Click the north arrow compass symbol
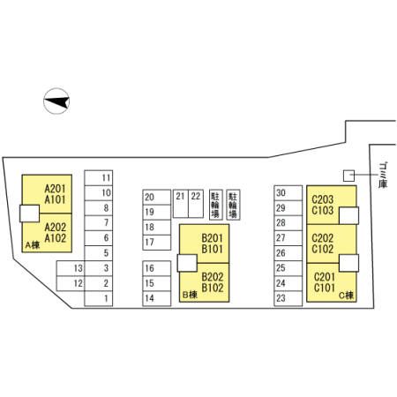coord(56,101)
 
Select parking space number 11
coord(99,178)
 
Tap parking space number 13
coord(71,268)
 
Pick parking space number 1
coord(99,298)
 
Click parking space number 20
coord(157,197)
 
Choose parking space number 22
coord(196,204)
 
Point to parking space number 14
coord(157,298)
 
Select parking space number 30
coord(288,193)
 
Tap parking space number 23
coord(288,298)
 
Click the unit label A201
coord(55,189)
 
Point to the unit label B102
coord(213,288)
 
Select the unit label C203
coord(323,199)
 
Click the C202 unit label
coord(323,238)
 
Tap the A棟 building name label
coord(33,245)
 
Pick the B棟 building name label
coord(190,295)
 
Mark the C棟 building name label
coord(346,295)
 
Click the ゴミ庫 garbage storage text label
coord(383,175)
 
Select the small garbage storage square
coord(348,176)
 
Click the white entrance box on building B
coord(187,263)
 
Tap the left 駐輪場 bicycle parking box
coord(216,205)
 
